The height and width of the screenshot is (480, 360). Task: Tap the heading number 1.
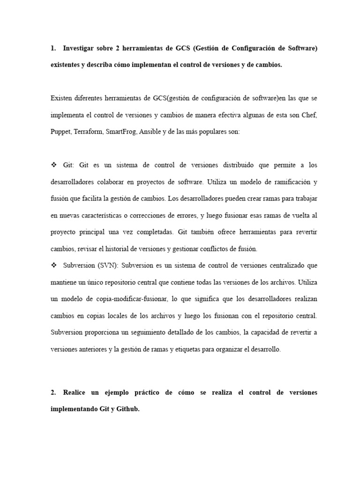click(53, 49)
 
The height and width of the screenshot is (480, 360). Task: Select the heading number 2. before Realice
click(53, 392)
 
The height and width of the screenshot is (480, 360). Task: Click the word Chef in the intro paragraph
click(311, 115)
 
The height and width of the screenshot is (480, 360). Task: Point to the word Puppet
click(60, 132)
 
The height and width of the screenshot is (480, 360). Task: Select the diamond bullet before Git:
click(53, 165)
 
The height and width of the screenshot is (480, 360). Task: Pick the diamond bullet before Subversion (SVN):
click(53, 265)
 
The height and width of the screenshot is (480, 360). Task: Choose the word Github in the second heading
click(126, 409)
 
